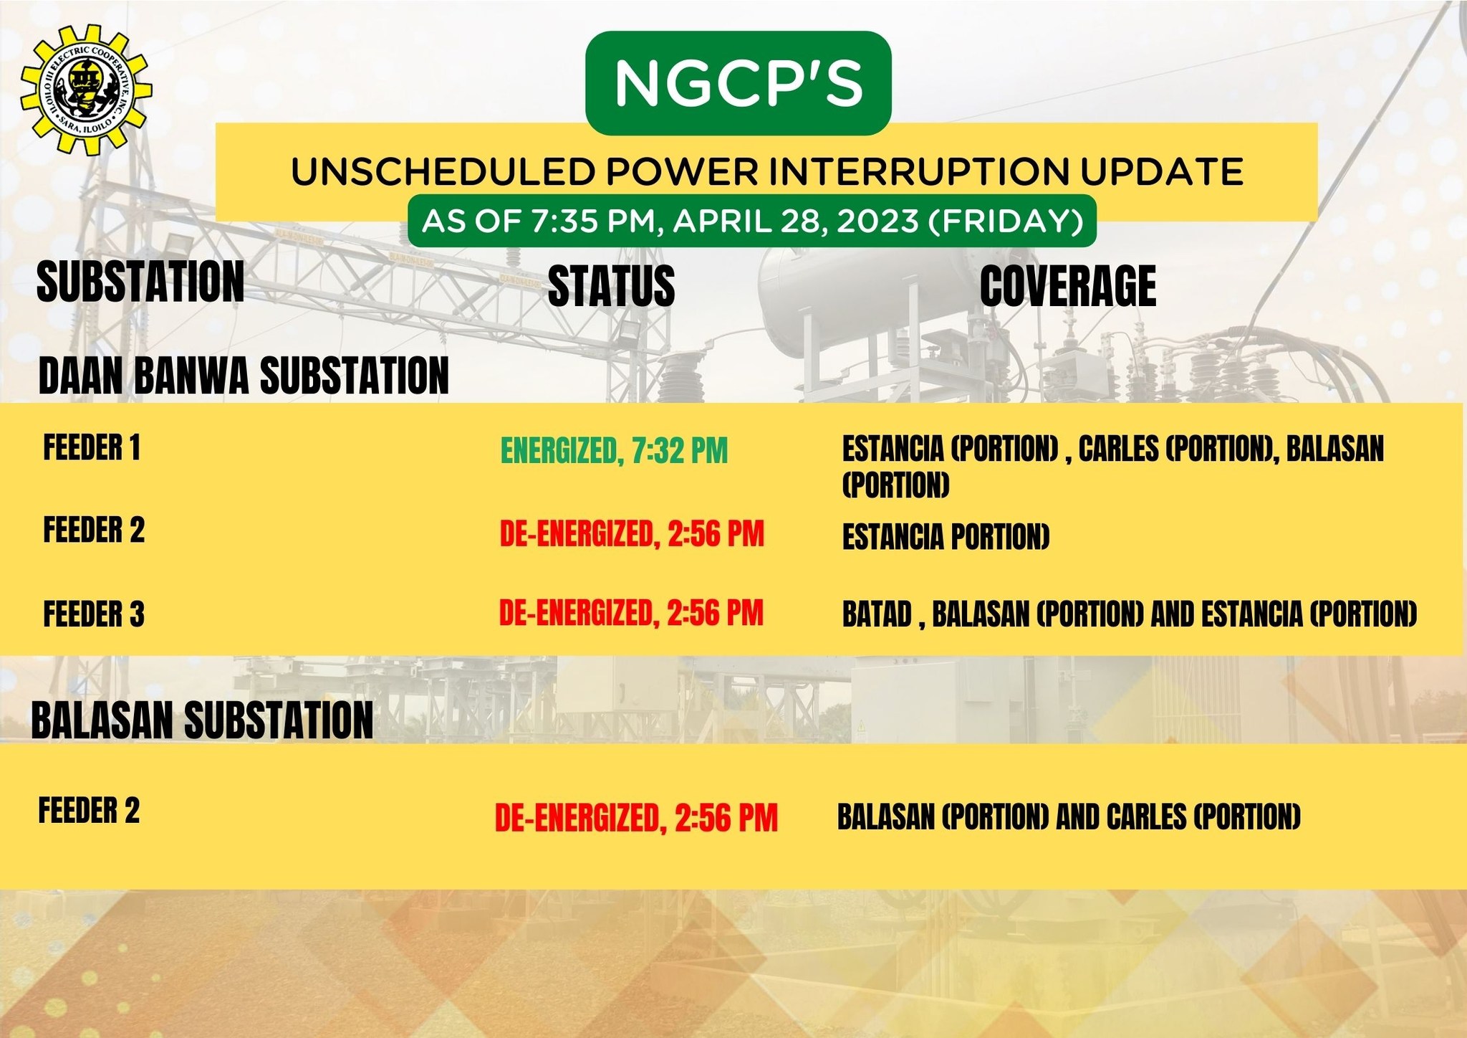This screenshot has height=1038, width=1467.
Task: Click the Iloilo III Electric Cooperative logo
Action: [87, 90]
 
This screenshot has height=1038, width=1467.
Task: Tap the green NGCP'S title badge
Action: [739, 83]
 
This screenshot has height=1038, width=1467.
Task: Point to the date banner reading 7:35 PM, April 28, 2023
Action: [752, 221]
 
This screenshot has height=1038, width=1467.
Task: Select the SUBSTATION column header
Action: [140, 282]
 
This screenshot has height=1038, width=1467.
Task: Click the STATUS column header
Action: [611, 285]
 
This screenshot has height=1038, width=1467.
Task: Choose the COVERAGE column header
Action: [1068, 285]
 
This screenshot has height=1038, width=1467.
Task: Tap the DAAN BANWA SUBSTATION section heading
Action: [244, 375]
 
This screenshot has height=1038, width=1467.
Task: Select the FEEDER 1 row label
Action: [92, 447]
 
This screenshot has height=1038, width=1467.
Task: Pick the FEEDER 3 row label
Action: [94, 614]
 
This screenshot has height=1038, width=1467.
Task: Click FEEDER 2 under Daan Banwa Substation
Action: [94, 530]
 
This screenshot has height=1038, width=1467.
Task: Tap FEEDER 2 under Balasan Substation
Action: [89, 811]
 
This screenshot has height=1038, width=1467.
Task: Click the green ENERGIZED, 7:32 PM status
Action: [614, 451]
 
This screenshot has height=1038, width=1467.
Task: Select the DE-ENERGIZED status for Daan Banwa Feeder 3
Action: [631, 613]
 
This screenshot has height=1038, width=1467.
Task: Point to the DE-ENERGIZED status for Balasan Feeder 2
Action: [636, 818]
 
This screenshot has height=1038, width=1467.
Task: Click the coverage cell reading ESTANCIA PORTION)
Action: [946, 537]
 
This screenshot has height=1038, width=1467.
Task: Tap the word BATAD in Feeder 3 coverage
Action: [877, 614]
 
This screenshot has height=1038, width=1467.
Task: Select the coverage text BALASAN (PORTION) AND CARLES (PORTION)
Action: [1069, 816]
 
